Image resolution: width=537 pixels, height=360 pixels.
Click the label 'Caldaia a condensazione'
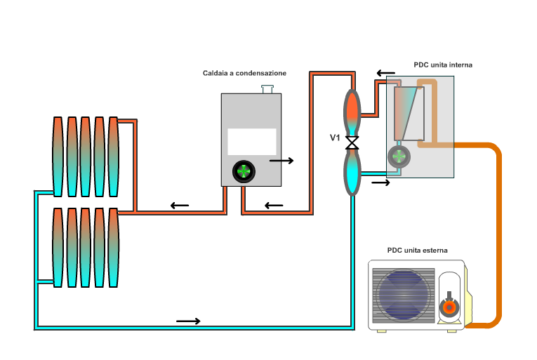(x=244, y=73)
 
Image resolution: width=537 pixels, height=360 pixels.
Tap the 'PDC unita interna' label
(x=443, y=65)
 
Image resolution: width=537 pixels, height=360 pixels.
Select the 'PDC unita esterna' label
(x=417, y=250)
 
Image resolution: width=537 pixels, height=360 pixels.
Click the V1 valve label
(x=336, y=138)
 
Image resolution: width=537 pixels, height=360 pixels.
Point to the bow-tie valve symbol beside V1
(x=352, y=142)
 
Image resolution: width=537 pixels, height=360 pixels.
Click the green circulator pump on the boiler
(x=244, y=171)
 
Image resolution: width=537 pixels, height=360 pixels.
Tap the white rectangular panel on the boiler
(x=251, y=141)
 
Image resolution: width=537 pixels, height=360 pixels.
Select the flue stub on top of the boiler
(x=267, y=89)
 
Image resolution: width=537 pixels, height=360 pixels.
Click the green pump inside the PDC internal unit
(x=399, y=155)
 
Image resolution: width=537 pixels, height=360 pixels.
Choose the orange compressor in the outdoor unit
(x=447, y=307)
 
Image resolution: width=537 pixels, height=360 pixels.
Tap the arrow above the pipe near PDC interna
(x=385, y=72)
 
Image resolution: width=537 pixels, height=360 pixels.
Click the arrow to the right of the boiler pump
(x=281, y=161)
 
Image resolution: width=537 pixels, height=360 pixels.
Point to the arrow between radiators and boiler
(x=180, y=206)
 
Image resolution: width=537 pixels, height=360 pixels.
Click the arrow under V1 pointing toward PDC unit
(x=380, y=182)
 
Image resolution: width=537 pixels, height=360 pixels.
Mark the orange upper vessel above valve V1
(x=352, y=109)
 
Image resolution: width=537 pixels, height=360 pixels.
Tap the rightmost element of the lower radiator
(x=112, y=246)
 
